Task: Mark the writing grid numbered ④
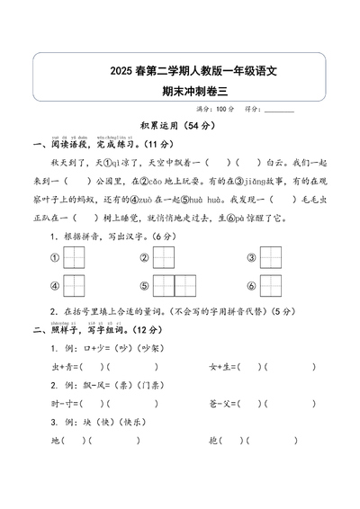click(75, 286)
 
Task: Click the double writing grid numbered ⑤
click(175, 286)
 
